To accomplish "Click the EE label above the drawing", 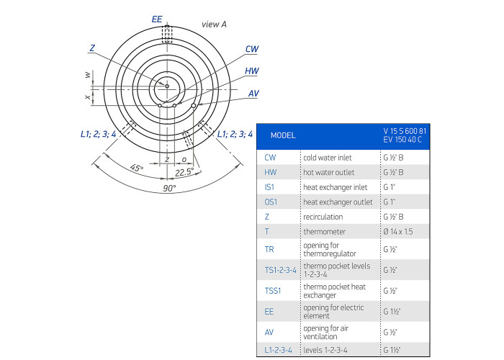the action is tap(157, 19).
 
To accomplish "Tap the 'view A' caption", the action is tap(214, 24).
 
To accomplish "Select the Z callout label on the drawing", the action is tap(92, 48).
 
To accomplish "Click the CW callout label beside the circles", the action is tap(252, 49).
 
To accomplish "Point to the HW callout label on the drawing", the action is tap(252, 71).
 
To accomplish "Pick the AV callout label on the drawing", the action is tap(253, 94).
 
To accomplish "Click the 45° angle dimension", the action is tap(137, 168).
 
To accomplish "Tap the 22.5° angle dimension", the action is tap(184, 172).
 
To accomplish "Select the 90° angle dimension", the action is tap(169, 189).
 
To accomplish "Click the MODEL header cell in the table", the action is tap(283, 135).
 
